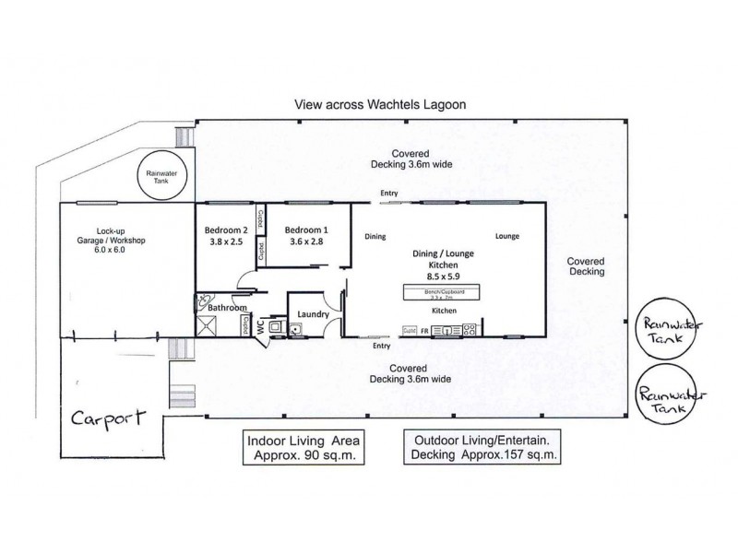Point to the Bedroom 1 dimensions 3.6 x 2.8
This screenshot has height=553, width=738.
tap(305, 242)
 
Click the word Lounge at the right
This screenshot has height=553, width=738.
tap(506, 236)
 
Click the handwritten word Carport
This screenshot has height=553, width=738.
tap(108, 418)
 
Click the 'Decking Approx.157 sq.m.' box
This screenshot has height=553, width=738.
tap(483, 446)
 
